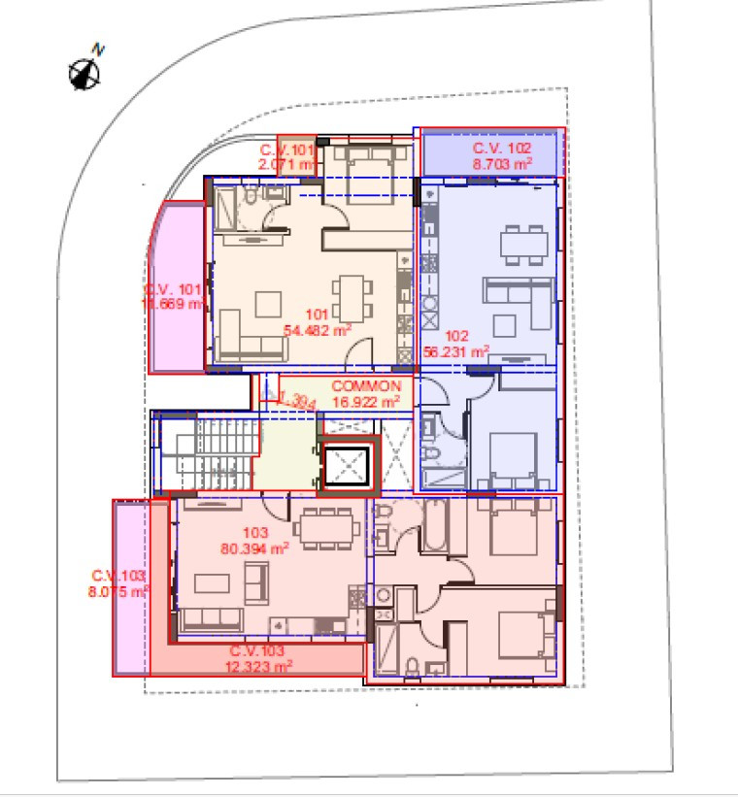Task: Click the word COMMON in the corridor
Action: click(366, 385)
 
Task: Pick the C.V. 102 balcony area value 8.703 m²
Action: click(502, 165)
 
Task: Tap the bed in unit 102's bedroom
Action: click(512, 454)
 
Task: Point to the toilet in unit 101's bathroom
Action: click(250, 201)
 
